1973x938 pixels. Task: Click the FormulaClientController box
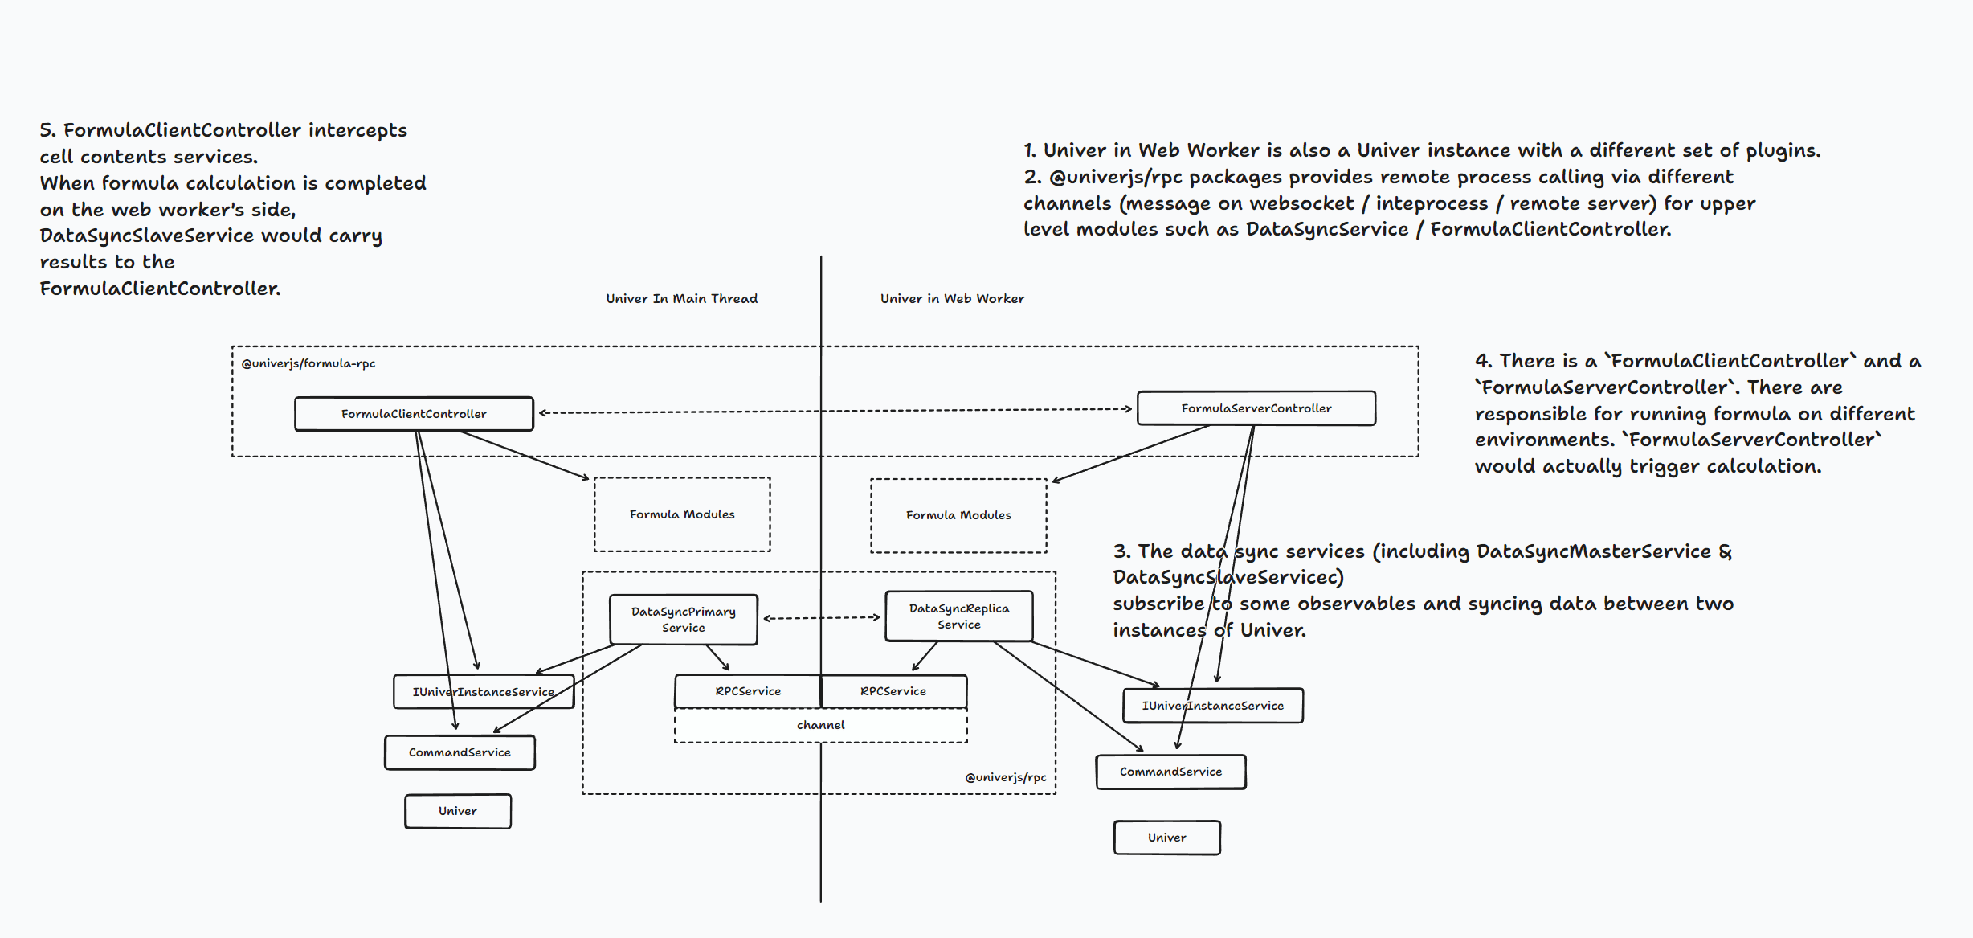pos(414,414)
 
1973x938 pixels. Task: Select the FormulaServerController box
pos(1256,408)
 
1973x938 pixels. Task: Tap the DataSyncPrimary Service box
pos(683,620)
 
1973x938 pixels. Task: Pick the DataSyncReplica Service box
pos(958,616)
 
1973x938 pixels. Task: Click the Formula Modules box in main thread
pos(682,514)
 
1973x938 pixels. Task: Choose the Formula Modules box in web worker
pos(958,515)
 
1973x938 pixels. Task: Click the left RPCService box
pos(747,691)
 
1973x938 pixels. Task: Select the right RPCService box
pos(893,691)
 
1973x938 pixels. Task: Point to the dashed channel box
pos(820,725)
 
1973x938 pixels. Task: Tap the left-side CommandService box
pos(460,752)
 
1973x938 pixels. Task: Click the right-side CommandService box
pos(1170,772)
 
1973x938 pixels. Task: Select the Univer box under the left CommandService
pos(458,811)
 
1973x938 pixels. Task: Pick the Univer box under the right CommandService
pos(1166,838)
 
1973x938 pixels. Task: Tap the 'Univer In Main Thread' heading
pos(681,298)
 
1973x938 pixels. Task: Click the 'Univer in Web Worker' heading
pos(952,298)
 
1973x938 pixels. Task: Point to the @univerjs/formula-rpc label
pos(308,363)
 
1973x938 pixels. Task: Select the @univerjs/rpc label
pos(1005,777)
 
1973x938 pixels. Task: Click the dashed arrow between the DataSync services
pos(821,618)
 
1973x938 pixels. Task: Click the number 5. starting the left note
pos(47,130)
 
